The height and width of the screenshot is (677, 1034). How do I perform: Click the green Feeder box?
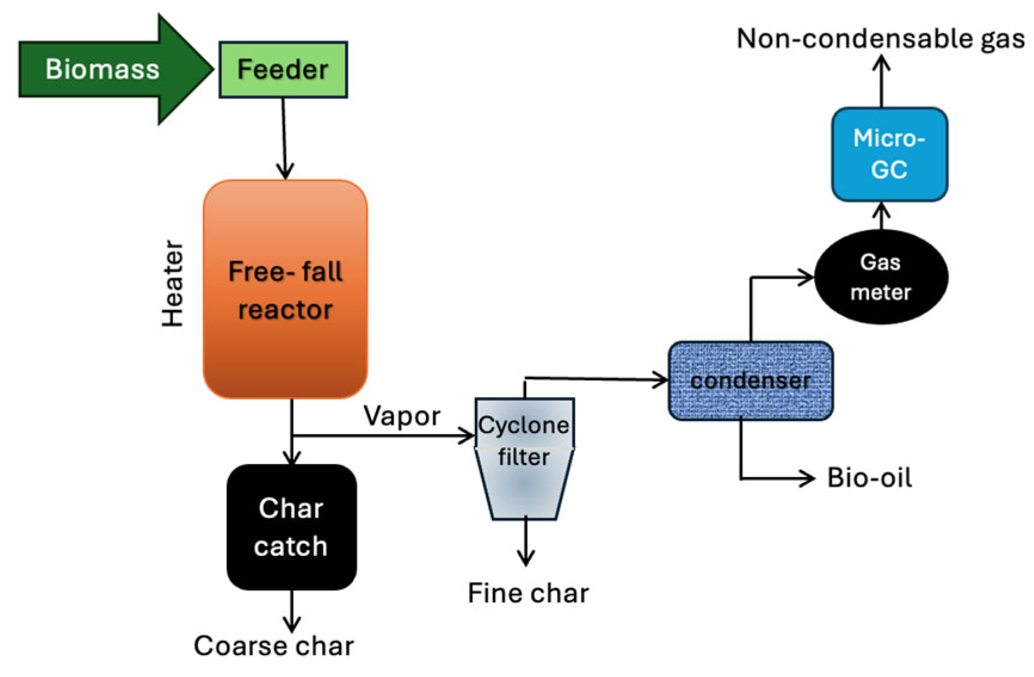pyautogui.click(x=283, y=69)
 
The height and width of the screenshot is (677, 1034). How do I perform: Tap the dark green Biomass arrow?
pyautogui.click(x=113, y=69)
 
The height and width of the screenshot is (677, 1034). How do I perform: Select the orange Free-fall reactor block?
pyautogui.click(x=285, y=289)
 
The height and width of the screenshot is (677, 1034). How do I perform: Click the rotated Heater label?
pyautogui.click(x=173, y=284)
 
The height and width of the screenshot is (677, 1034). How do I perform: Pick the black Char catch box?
pyautogui.click(x=292, y=527)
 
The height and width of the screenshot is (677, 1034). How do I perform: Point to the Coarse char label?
pyautogui.click(x=274, y=646)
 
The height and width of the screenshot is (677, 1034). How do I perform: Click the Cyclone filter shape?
pyautogui.click(x=524, y=458)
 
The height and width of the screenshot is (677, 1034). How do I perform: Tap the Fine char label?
pyautogui.click(x=528, y=593)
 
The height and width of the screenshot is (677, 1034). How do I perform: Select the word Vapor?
pyautogui.click(x=402, y=416)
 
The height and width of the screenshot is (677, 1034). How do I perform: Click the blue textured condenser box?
pyautogui.click(x=751, y=381)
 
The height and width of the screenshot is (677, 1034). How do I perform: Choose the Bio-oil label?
pyautogui.click(x=870, y=478)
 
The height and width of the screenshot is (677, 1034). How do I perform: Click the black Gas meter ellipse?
pyautogui.click(x=881, y=277)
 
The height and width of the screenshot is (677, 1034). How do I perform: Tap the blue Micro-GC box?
pyautogui.click(x=890, y=154)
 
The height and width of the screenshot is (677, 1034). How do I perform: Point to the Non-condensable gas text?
pyautogui.click(x=881, y=39)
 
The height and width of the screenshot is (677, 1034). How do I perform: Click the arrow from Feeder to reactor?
pyautogui.click(x=285, y=138)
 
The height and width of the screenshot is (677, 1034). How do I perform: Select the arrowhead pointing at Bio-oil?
pyautogui.click(x=808, y=478)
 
